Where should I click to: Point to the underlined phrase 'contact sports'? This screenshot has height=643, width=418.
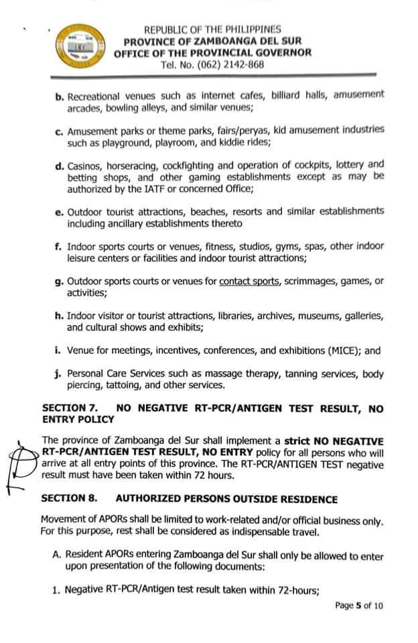[x=249, y=282]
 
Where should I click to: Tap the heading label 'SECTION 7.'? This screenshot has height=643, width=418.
[x=70, y=407]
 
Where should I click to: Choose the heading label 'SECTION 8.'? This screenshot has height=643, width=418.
[x=70, y=499]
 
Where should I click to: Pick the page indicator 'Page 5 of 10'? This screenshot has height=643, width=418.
[x=360, y=605]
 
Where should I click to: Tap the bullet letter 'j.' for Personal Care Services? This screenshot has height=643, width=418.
[x=59, y=374]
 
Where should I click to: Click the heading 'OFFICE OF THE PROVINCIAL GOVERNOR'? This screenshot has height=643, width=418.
[x=212, y=53]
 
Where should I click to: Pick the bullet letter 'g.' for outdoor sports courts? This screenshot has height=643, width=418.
[x=59, y=282]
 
